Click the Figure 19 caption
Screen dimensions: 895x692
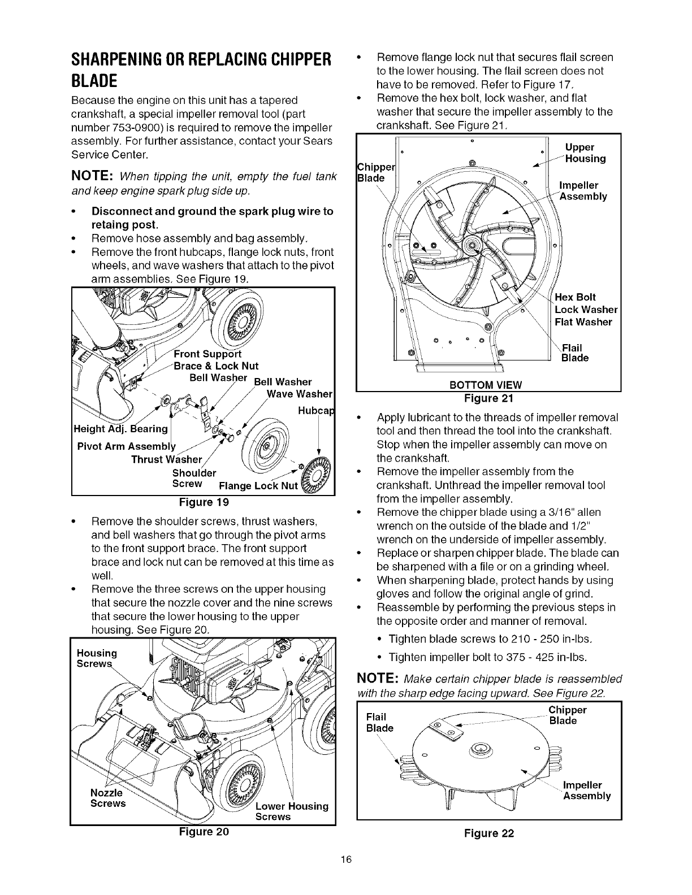click(203, 502)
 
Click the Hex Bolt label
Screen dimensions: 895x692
click(576, 297)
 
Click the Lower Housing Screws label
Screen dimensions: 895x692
click(292, 811)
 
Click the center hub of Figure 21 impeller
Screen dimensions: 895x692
click(470, 245)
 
